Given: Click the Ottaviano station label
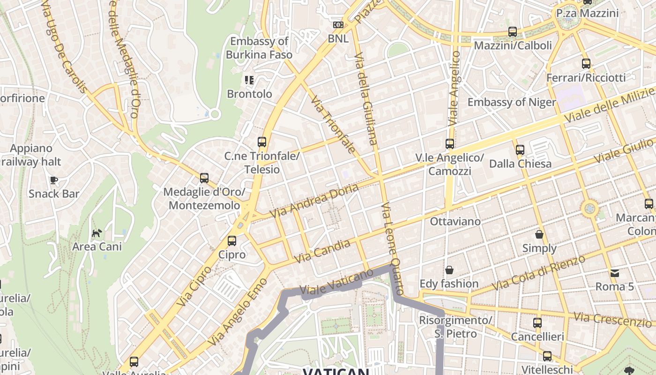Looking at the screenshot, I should [x=455, y=221].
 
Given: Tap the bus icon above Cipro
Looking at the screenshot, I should [x=231, y=241].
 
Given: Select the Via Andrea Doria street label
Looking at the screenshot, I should [x=314, y=201].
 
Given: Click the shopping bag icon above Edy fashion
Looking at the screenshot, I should [x=449, y=270].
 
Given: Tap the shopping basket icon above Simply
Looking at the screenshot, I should [x=539, y=234].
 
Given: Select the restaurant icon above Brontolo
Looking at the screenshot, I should [x=249, y=80].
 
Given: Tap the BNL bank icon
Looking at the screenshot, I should [x=338, y=25].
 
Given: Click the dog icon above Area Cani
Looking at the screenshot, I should [x=97, y=233].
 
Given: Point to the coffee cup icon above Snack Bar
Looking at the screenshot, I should [x=53, y=180].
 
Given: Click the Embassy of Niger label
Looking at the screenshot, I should [x=512, y=102].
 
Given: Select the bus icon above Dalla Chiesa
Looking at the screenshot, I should [x=520, y=150].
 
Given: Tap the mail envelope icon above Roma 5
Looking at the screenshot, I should [x=614, y=273].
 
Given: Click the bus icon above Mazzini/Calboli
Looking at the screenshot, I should [x=513, y=32].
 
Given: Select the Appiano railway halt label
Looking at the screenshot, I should [x=31, y=155].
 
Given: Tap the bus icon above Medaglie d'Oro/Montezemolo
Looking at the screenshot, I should [x=204, y=178].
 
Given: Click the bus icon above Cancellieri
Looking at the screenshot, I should [x=537, y=323].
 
